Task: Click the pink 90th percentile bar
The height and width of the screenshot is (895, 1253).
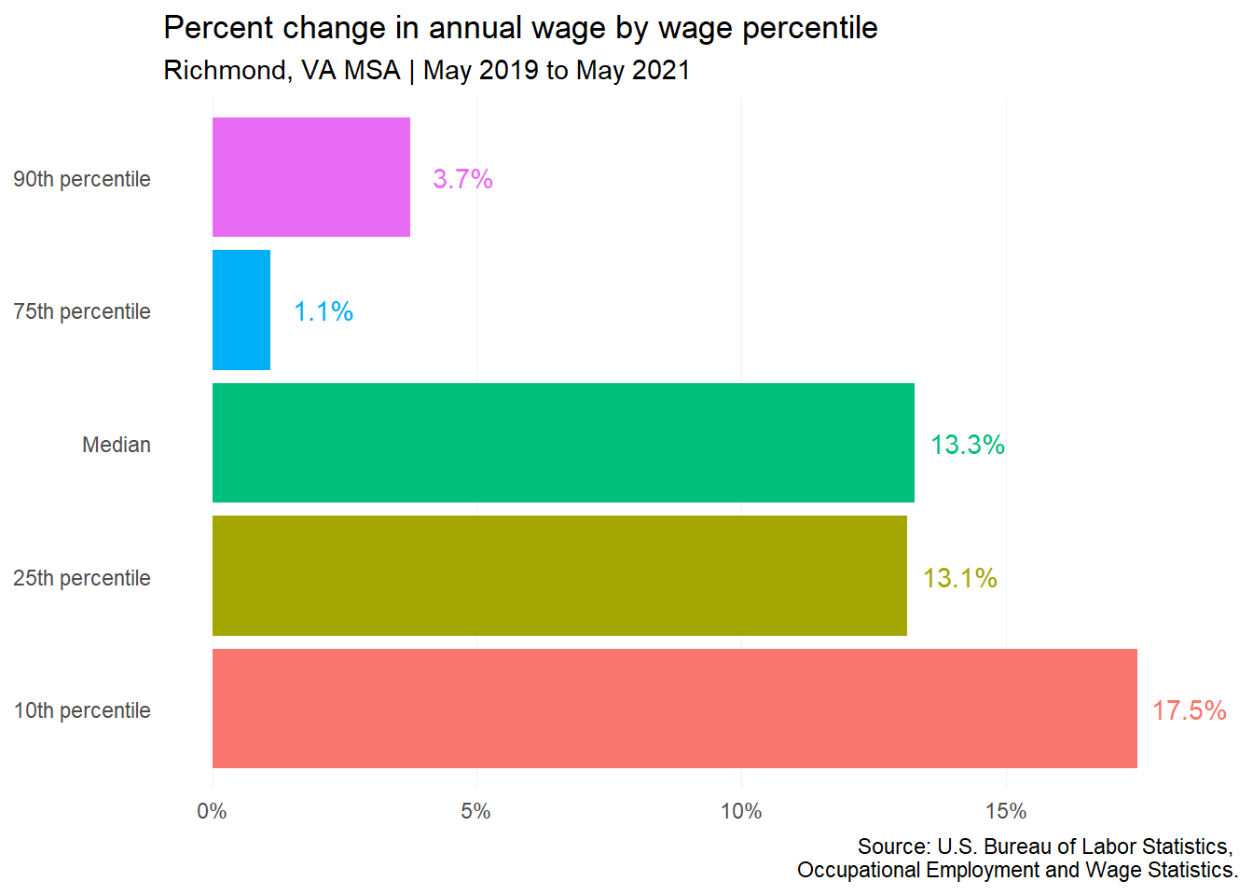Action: coord(311,177)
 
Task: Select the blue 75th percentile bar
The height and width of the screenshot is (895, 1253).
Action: coord(241,310)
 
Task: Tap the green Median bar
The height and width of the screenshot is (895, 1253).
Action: coord(563,443)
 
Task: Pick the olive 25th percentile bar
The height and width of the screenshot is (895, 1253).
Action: coord(559,575)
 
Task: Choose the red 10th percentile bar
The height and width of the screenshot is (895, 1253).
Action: coord(675,709)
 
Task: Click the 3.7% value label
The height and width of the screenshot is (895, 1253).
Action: coord(462,179)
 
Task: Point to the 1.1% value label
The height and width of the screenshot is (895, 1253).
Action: coord(324,311)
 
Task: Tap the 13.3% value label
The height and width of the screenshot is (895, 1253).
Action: coord(967,445)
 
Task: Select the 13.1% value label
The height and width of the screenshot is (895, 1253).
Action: coord(960,578)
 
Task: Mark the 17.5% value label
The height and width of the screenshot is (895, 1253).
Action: coord(1190,710)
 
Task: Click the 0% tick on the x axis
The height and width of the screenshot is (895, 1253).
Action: coord(212,811)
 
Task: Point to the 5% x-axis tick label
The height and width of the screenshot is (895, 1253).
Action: coord(476,811)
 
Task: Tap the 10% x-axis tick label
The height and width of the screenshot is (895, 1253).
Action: coord(741,811)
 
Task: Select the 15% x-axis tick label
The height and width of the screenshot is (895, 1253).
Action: coord(1006,811)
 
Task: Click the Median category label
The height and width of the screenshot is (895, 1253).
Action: coord(117,445)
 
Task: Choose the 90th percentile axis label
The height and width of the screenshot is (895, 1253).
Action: coord(82,179)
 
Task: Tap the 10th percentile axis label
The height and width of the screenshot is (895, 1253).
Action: coord(82,710)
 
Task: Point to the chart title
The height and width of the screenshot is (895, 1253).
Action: coord(521,28)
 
